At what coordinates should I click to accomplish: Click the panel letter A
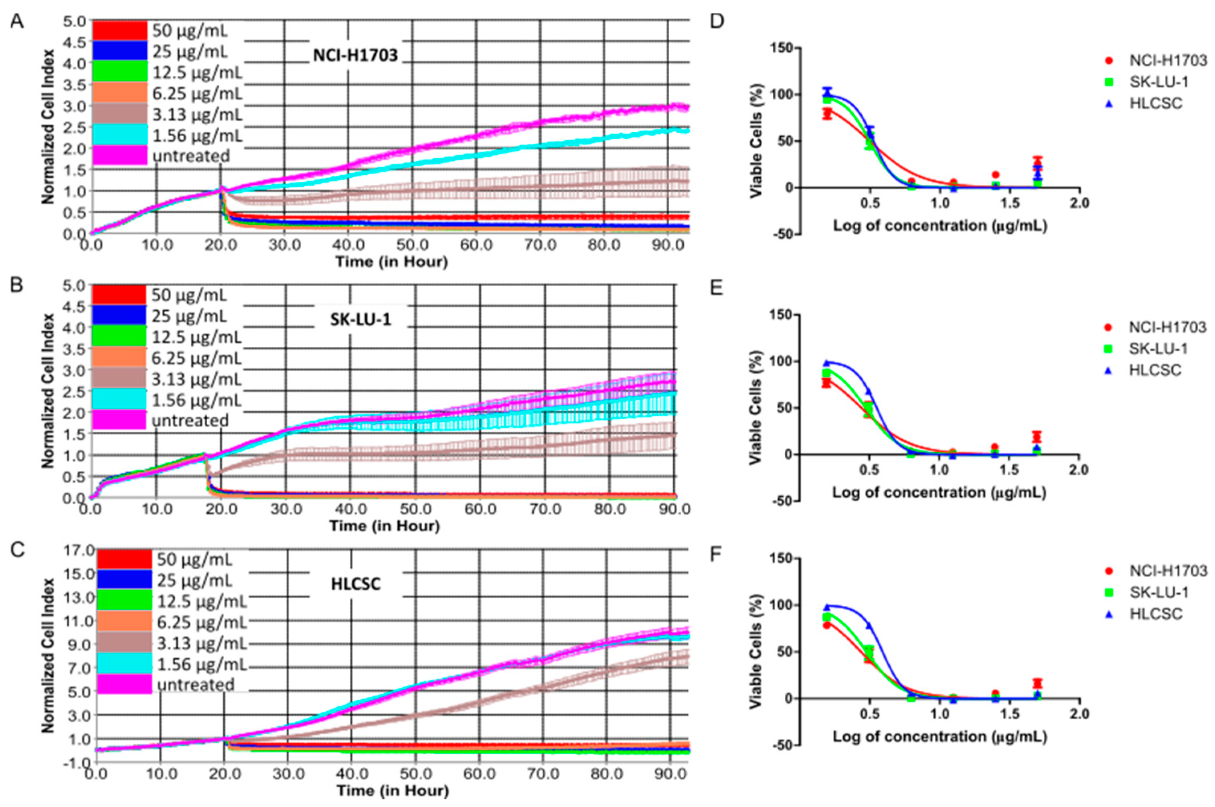click(17, 22)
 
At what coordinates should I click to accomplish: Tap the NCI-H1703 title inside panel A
click(356, 55)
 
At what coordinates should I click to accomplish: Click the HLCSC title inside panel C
click(356, 584)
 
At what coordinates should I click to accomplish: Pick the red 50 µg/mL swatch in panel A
click(119, 30)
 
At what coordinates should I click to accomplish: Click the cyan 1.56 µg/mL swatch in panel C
click(124, 664)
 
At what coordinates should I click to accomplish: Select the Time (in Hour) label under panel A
click(391, 262)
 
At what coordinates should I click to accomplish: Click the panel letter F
click(716, 556)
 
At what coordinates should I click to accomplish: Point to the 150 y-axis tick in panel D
click(781, 48)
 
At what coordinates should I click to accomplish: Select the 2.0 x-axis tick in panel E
click(1079, 469)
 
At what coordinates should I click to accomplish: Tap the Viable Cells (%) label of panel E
click(755, 408)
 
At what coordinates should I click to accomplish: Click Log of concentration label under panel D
click(939, 225)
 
